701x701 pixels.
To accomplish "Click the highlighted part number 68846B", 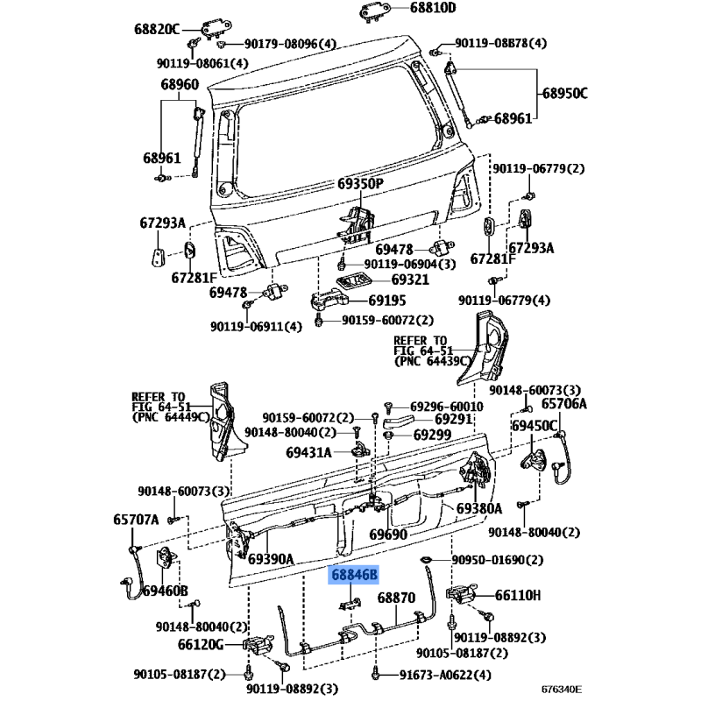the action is [x=354, y=575].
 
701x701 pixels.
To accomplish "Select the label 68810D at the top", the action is [x=433, y=8].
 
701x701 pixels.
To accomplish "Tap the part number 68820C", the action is [x=157, y=30].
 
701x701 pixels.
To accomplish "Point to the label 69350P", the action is [x=360, y=184].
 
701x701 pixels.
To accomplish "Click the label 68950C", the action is [x=565, y=94].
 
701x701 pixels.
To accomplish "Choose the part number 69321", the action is [x=410, y=280].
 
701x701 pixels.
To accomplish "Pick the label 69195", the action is [x=387, y=300].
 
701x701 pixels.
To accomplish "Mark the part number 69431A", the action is [x=308, y=453].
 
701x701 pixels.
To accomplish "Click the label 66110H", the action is [x=518, y=596].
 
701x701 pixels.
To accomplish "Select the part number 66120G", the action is [x=201, y=644].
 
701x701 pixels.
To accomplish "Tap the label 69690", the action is [x=388, y=535].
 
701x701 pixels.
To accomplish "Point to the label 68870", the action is [x=396, y=598].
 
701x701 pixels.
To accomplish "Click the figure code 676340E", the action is [x=562, y=690].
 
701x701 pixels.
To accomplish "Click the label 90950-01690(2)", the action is [x=498, y=560].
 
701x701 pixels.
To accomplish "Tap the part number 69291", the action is [x=453, y=419].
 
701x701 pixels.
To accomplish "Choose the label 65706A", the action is [x=564, y=404].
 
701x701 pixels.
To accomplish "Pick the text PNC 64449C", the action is [x=171, y=417].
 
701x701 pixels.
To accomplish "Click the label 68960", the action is [x=180, y=84].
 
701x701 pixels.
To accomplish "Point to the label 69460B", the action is [x=165, y=591].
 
